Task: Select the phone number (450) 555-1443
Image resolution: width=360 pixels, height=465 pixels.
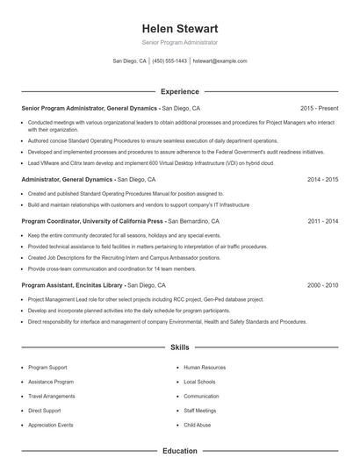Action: point(169,61)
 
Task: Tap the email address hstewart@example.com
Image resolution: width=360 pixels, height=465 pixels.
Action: point(220,61)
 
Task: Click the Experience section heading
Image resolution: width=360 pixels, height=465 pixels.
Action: point(179,91)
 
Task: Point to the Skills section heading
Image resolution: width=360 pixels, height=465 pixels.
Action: point(179,347)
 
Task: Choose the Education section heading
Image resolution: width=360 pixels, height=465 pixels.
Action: point(179,451)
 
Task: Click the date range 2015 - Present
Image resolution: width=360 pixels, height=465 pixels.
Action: point(319,107)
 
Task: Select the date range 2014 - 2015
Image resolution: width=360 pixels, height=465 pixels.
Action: point(323,179)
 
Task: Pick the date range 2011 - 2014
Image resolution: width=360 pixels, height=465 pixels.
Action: point(323,222)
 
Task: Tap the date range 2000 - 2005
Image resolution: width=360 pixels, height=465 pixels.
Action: point(323,285)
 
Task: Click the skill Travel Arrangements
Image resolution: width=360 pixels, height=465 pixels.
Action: point(51,396)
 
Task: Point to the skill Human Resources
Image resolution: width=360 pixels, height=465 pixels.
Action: point(205,368)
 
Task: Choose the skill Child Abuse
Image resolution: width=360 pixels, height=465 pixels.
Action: point(197,425)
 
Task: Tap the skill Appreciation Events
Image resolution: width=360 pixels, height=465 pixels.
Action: point(51,425)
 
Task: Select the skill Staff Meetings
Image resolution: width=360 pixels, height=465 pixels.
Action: point(200,410)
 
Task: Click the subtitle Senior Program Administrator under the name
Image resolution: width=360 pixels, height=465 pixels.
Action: point(179,42)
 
